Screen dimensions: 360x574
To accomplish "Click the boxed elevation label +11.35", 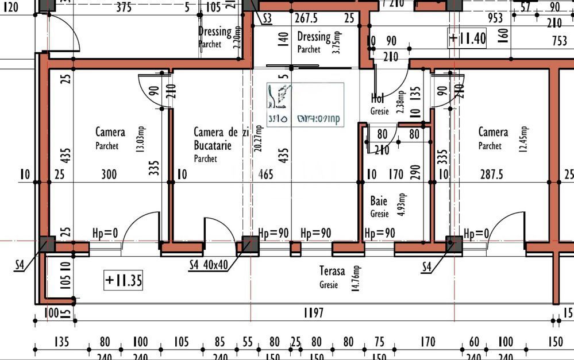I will (x=124, y=281).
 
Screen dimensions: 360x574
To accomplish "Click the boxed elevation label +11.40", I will (x=467, y=38).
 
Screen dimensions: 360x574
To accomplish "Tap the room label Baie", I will (x=379, y=201).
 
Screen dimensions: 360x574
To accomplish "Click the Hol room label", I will (x=377, y=99).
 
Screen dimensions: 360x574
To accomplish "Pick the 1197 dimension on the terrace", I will (x=313, y=313).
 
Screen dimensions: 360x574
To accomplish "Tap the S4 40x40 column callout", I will (x=209, y=265).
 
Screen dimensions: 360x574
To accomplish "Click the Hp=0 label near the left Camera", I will (x=105, y=233).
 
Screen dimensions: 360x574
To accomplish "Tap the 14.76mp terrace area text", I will (x=357, y=278).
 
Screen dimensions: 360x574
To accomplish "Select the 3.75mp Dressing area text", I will (x=338, y=42).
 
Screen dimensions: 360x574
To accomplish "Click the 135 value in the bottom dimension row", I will (x=61, y=342).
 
